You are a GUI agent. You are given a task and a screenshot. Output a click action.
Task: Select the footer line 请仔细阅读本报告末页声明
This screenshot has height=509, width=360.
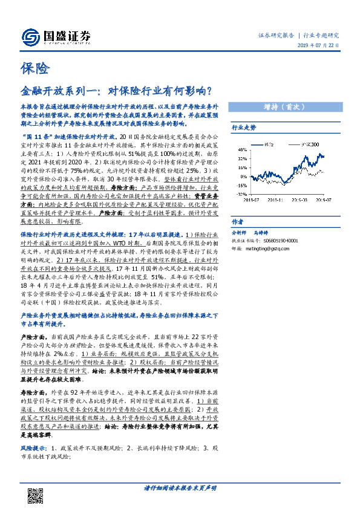point(180,487)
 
